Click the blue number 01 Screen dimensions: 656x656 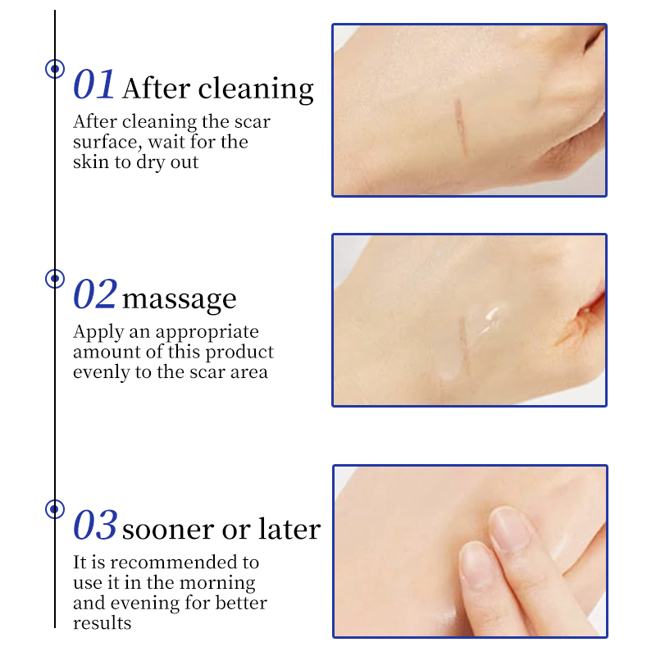coord(93,84)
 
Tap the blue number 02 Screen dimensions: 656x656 coord(94,294)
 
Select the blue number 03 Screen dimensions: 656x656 coord(94,525)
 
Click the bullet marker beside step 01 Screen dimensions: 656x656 coord(55,69)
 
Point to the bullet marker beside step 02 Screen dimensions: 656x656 coord(55,279)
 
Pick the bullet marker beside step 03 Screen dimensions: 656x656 coord(55,509)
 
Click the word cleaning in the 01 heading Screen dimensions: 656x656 coord(256,89)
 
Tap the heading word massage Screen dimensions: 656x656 coord(180,299)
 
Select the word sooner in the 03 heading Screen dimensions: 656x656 coord(169,530)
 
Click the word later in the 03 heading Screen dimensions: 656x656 coord(289,528)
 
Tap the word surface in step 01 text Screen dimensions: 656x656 coord(105,142)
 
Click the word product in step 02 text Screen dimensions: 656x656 coord(239,353)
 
